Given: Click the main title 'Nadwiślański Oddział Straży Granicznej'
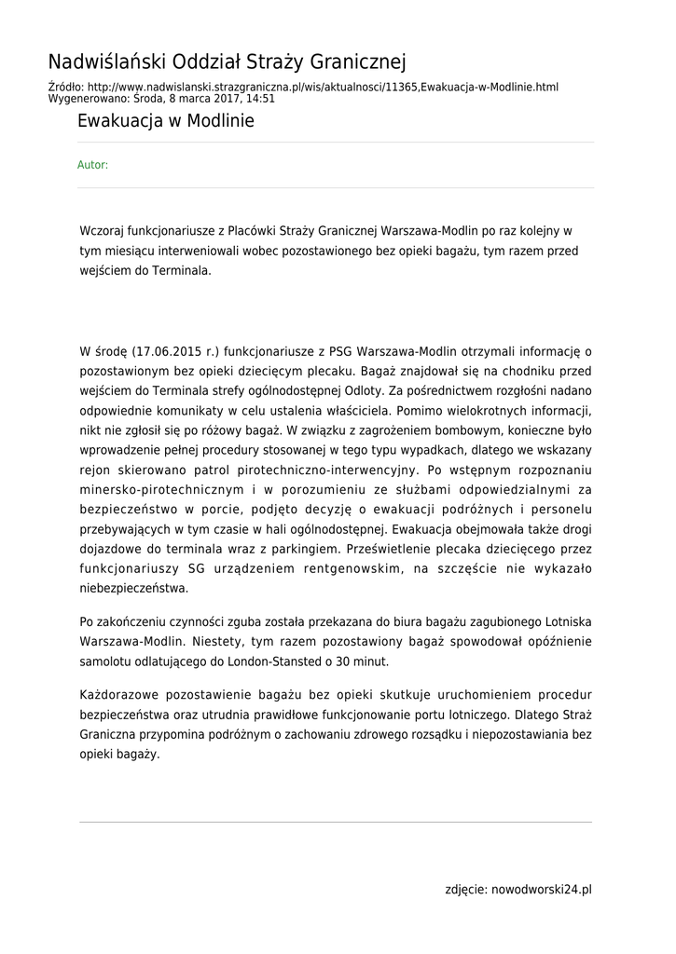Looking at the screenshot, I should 228,62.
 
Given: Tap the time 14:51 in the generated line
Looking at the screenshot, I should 260,98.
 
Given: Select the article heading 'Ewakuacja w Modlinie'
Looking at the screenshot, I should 165,121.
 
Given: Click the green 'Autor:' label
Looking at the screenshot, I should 92,165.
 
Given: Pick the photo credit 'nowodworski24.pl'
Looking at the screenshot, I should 541,890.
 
